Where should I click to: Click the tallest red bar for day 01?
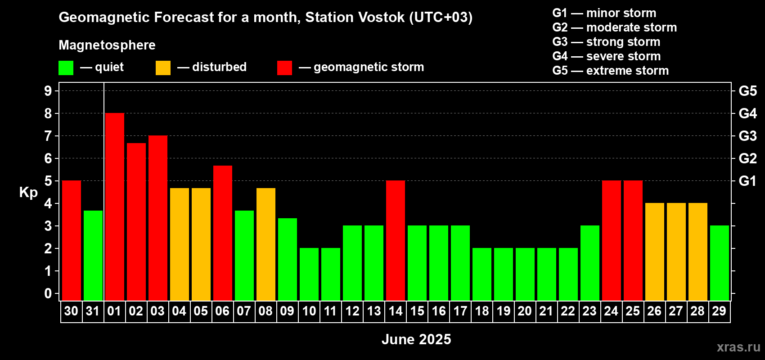point(115,207)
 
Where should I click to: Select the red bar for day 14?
point(396,240)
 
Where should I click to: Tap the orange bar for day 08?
point(266,244)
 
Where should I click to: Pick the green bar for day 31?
point(93,256)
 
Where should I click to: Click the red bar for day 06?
point(223,233)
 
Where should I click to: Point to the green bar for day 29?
point(720,263)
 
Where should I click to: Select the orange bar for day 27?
point(676,252)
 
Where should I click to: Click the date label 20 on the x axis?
point(525,311)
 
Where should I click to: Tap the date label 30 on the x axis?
point(71,311)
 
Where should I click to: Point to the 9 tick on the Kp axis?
point(48,91)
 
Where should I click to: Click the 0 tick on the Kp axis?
point(48,293)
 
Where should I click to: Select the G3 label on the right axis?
point(748,136)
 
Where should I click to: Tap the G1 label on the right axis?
point(748,181)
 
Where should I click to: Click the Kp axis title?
point(28,193)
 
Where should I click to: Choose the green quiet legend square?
point(66,67)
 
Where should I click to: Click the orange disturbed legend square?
point(163,67)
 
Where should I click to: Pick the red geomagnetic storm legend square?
point(285,67)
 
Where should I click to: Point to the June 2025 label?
point(416,339)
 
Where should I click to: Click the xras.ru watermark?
point(738,347)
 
